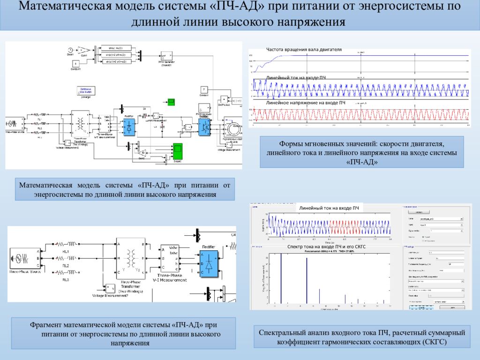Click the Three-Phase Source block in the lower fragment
click(x=23, y=258)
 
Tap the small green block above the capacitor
click(x=172, y=102)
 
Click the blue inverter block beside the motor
click(x=204, y=126)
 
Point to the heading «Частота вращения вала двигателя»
click(x=304, y=49)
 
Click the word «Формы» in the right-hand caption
click(x=295, y=143)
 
